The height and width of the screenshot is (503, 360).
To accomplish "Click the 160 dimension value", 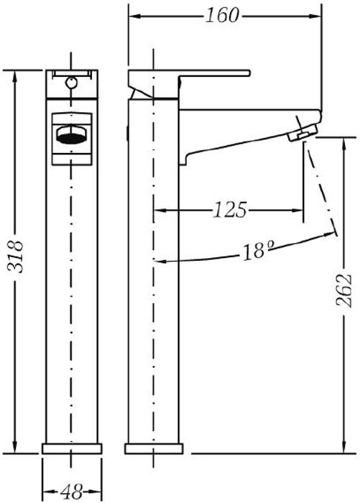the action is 222,15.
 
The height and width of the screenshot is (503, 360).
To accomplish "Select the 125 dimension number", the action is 231,210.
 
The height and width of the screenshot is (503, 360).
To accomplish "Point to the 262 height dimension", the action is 344,290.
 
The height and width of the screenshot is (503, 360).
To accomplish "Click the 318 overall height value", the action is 15,257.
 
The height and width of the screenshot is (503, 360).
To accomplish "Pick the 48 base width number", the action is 72,492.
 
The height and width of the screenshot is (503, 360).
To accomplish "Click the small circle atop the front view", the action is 71,83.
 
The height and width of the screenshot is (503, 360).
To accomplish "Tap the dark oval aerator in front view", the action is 71,138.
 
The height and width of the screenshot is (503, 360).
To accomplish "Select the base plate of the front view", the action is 72,448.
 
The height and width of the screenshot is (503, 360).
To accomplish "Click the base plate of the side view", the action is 154,448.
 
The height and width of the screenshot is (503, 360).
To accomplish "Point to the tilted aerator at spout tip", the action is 303,133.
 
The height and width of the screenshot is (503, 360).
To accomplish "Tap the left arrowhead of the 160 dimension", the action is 135,16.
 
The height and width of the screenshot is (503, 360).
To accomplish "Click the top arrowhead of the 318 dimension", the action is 15,77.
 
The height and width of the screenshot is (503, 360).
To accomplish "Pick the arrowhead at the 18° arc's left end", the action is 160,262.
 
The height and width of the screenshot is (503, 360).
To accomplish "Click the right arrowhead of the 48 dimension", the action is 96,492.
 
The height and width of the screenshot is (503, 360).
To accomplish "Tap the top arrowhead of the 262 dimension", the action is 344,144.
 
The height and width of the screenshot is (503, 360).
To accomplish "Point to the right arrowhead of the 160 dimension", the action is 315,16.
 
